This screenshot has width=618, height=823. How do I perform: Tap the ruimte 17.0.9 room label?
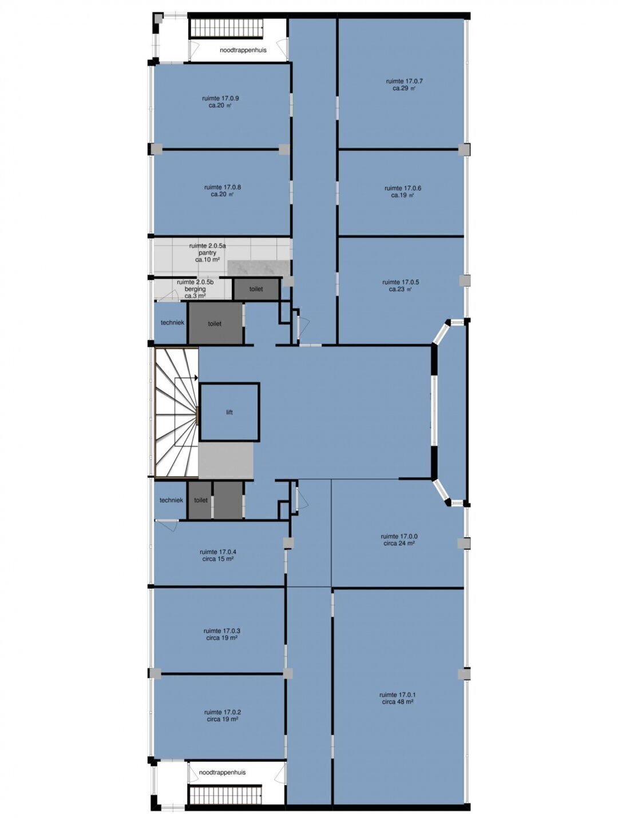click(x=220, y=102)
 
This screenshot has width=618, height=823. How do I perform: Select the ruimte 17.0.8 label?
click(x=223, y=190)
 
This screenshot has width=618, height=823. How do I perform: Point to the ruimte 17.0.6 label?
click(x=403, y=191)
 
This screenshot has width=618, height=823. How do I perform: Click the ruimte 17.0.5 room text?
click(x=401, y=285)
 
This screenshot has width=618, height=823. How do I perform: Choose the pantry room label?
click(x=208, y=253)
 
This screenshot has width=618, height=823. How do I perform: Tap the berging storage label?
click(x=195, y=289)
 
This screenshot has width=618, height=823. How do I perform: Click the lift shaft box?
click(x=229, y=412)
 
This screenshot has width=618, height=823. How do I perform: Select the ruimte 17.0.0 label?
click(x=399, y=540)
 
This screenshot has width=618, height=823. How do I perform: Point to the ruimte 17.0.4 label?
click(x=218, y=556)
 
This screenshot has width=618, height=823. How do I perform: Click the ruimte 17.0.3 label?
click(x=222, y=634)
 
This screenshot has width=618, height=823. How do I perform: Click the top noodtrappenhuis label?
click(x=243, y=50)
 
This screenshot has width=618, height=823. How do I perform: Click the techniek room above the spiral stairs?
click(x=171, y=322)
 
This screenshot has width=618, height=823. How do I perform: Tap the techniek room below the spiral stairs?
click(x=171, y=500)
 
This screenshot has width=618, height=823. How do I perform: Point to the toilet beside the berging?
click(x=256, y=289)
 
